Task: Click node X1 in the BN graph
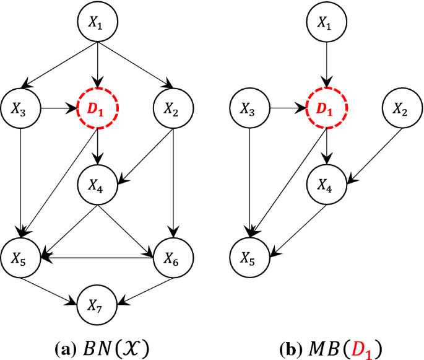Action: pos(97,22)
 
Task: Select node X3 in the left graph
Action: pos(22,111)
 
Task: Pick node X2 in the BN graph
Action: pos(173,111)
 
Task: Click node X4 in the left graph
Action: pos(97,185)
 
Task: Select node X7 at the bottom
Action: pos(97,305)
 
